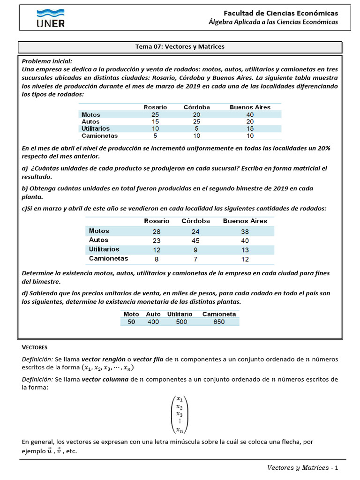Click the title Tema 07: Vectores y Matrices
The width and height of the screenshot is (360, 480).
(180, 47)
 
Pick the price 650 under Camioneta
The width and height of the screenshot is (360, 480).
(218, 322)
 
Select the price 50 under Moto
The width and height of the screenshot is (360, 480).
(131, 322)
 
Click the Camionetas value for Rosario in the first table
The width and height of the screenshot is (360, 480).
(155, 136)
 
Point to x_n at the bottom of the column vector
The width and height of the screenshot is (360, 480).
(180, 430)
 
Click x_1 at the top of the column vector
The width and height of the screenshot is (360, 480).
(180, 398)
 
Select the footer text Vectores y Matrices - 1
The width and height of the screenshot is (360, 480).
(302, 468)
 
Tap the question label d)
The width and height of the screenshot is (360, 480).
(25, 293)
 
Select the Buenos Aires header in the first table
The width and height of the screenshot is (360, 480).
(250, 107)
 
